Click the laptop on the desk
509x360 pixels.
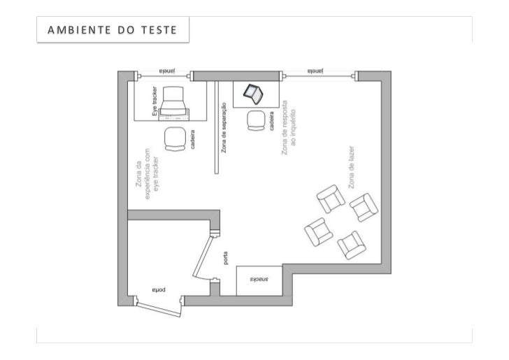(x=252, y=92)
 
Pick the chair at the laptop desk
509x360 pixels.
(x=254, y=120)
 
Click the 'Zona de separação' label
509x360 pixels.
(x=224, y=127)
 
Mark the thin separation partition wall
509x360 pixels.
(x=217, y=126)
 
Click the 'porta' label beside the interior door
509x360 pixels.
(x=225, y=259)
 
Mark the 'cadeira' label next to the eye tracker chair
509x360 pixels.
(x=192, y=140)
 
